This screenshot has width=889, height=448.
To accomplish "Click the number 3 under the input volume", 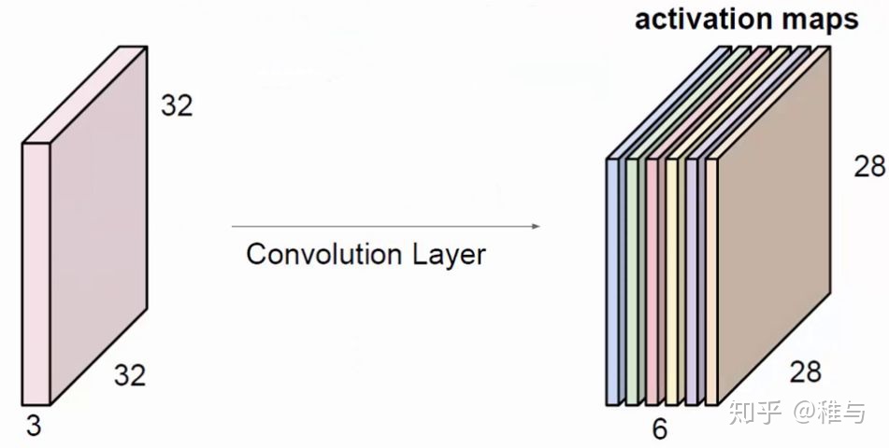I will tap(33, 427).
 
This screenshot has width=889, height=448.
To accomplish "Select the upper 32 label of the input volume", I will tap(177, 105).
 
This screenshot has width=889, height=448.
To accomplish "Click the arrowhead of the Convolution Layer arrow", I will tap(537, 226).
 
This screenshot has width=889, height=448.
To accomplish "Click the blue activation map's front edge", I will tap(613, 280).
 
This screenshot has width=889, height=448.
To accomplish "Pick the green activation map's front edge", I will tap(633, 280).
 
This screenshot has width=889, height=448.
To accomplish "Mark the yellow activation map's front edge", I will tap(672, 280).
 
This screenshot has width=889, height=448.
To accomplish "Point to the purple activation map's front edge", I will tap(693, 280).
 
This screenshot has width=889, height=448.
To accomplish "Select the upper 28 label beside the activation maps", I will tap(869, 166).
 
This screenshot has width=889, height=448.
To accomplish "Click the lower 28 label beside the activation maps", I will tap(804, 371).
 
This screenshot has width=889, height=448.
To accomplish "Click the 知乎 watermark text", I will tap(754, 412).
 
